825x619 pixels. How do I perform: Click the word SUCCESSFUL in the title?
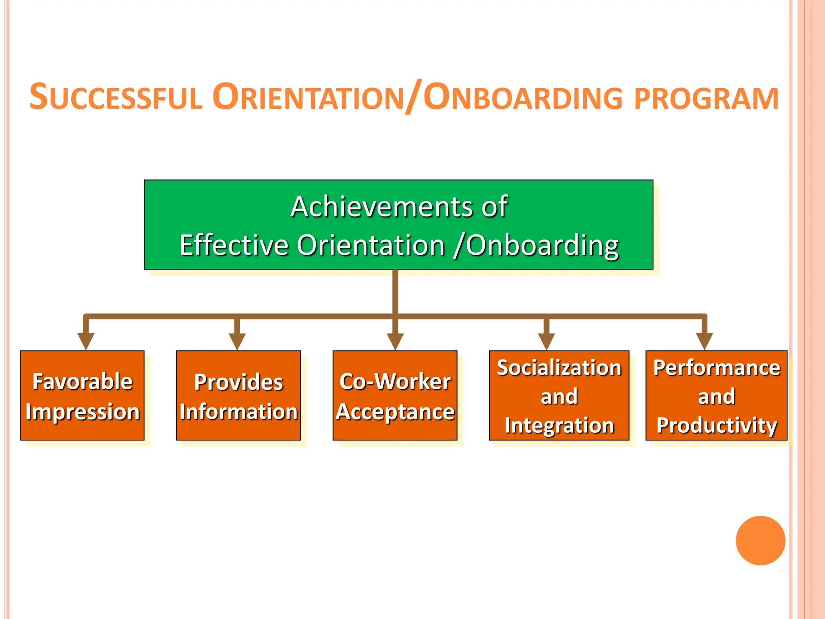pyautogui.click(x=116, y=98)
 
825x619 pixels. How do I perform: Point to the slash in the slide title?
pyautogui.click(x=414, y=97)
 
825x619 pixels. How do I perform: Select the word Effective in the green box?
pyautogui.click(x=234, y=245)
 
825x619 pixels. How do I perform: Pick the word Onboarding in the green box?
pyautogui.click(x=542, y=245)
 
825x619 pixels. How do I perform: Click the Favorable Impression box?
pyautogui.click(x=83, y=395)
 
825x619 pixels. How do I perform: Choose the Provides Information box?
pyautogui.click(x=238, y=395)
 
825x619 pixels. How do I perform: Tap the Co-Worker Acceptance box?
pyautogui.click(x=395, y=395)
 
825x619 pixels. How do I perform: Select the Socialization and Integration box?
pyautogui.click(x=559, y=395)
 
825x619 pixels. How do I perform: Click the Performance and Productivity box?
pyautogui.click(x=716, y=395)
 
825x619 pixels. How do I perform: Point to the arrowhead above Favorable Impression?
pyautogui.click(x=86, y=341)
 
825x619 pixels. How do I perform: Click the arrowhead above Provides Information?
pyautogui.click(x=237, y=341)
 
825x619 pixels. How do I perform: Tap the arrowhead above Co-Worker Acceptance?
pyautogui.click(x=395, y=341)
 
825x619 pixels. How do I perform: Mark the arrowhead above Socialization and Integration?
pyautogui.click(x=546, y=341)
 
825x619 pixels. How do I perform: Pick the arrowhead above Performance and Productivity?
pyautogui.click(x=704, y=341)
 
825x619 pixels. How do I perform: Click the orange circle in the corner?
pyautogui.click(x=761, y=540)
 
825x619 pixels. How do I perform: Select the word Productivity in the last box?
pyautogui.click(x=717, y=426)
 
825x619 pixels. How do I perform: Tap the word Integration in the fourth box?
pyautogui.click(x=559, y=426)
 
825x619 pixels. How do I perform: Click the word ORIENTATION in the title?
pyautogui.click(x=308, y=98)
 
